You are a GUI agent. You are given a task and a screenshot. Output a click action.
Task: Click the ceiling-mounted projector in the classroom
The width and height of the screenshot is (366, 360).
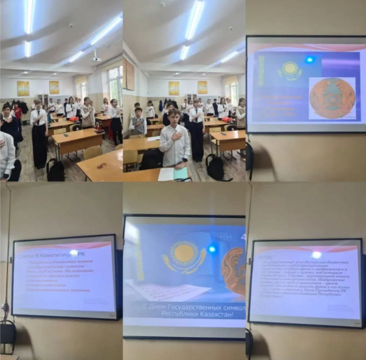96,58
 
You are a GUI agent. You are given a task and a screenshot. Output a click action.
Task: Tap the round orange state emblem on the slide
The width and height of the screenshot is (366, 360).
332,98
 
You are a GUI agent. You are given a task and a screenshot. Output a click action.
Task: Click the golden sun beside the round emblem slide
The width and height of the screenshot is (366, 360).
290,71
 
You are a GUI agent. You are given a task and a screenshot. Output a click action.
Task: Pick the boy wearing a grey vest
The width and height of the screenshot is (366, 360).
138,123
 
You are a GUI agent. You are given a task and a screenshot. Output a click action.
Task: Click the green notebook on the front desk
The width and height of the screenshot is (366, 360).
180,173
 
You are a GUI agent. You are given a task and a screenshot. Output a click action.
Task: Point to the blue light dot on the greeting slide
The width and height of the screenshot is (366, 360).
212,249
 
